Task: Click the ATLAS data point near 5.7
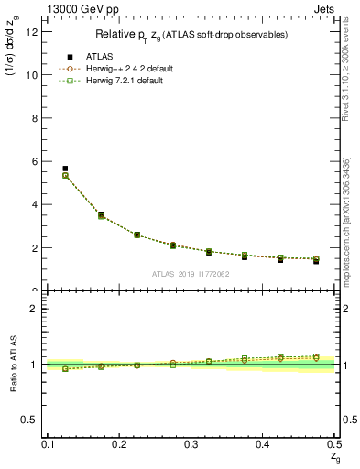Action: (x=65, y=169)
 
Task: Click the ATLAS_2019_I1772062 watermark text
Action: (x=191, y=273)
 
